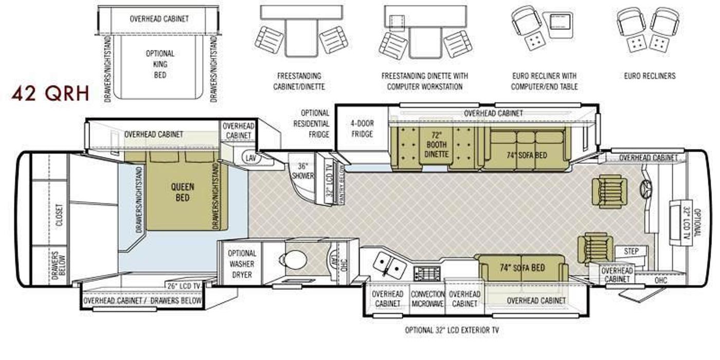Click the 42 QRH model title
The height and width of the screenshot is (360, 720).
pos(50,93)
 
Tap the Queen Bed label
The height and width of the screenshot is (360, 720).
pos(182,192)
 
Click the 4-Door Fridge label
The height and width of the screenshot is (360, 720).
pos(362,129)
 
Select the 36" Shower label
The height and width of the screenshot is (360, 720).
pos(302,171)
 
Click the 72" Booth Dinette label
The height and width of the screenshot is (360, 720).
pos(436,145)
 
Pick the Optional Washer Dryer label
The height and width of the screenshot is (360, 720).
pos(242,264)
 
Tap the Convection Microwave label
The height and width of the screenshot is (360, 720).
pos(427,299)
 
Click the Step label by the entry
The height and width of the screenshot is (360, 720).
pos(631,251)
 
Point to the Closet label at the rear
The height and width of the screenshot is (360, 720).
pos(60,214)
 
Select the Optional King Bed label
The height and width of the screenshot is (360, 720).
pos(160,64)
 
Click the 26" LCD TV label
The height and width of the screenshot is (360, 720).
pos(184,286)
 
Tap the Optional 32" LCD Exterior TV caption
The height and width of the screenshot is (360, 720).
pos(452,330)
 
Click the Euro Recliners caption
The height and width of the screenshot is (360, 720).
pos(650,76)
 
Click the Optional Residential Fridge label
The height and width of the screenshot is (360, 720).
pos(311,124)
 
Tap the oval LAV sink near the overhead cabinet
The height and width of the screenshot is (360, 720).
pos(251,157)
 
